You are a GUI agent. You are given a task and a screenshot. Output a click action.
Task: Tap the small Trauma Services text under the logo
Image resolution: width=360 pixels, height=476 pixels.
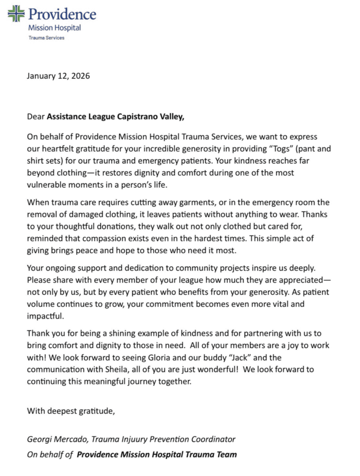(x=46, y=38)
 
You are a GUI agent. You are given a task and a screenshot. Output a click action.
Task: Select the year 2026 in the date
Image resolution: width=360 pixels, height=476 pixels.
(x=80, y=76)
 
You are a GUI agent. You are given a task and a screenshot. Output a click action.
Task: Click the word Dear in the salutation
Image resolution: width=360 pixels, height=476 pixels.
(x=35, y=117)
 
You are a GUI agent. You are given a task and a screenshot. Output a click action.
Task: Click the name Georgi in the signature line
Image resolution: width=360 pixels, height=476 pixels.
(x=39, y=439)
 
